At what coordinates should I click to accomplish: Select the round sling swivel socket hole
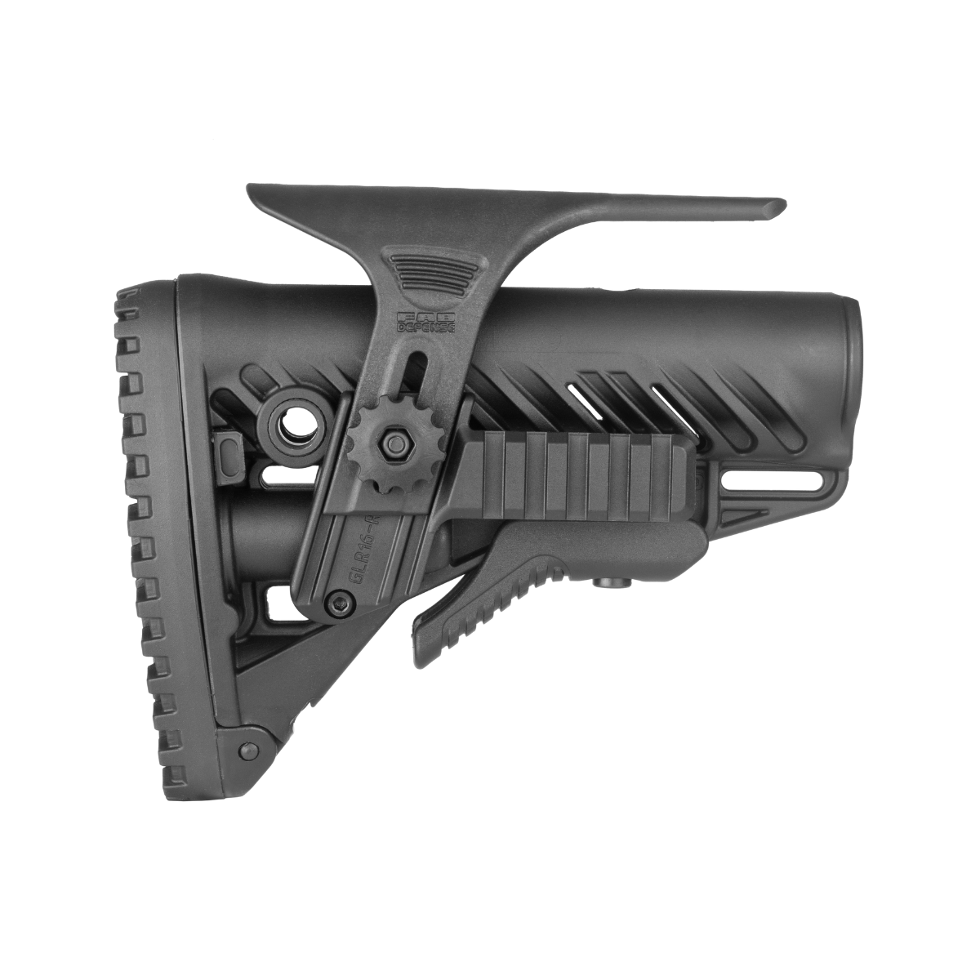point(292,425)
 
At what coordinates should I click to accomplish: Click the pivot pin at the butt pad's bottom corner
point(243,751)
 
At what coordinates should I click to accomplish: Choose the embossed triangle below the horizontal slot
point(755,514)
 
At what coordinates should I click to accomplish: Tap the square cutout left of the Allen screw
point(275,605)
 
